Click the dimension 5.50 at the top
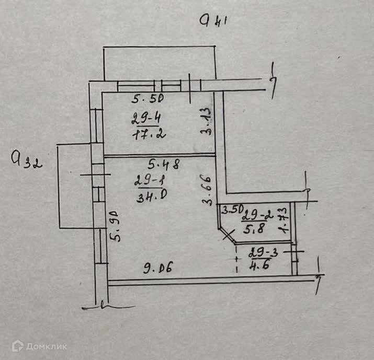coord(148,98)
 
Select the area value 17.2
coord(149,134)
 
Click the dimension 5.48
coord(164,165)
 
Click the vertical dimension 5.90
coord(116,226)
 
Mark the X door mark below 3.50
coord(228,235)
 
